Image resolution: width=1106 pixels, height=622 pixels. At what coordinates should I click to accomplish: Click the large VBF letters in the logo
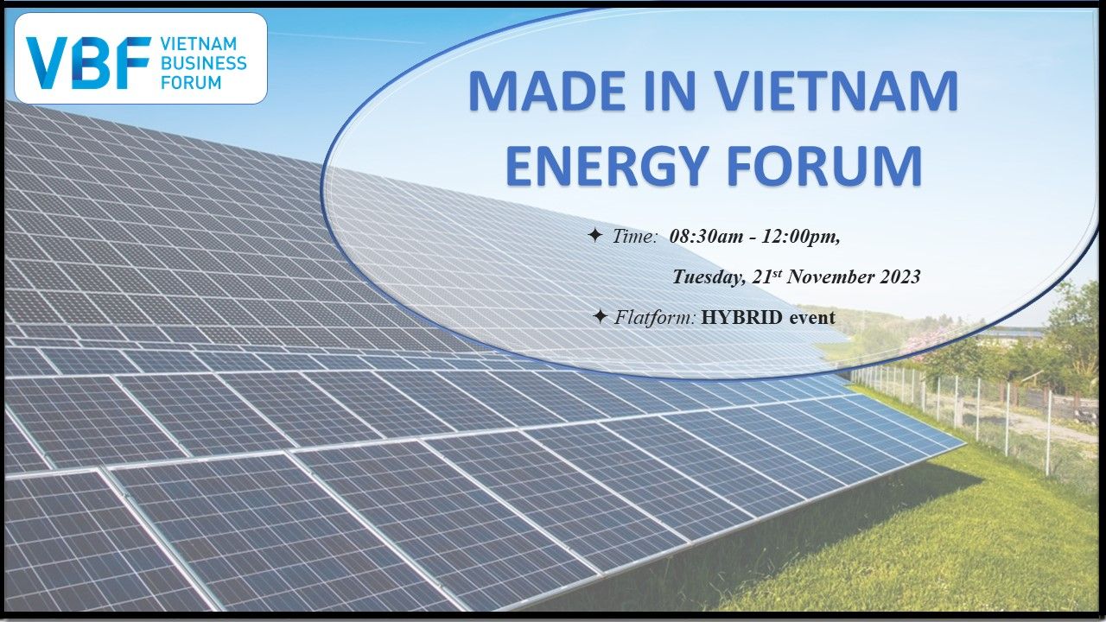89,63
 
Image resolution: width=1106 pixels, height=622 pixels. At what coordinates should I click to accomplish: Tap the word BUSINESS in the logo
204,63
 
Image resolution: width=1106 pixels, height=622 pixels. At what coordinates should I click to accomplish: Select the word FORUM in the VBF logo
191,82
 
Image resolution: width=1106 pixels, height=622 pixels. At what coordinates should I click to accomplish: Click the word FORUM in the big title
824,165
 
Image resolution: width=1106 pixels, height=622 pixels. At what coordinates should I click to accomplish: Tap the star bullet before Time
595,236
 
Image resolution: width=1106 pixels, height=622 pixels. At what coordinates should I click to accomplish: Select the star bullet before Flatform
600,316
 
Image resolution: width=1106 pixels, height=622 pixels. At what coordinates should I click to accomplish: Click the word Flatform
655,317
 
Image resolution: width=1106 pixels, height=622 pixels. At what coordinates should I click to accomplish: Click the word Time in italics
635,237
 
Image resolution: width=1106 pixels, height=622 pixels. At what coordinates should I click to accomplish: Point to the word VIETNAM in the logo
199,44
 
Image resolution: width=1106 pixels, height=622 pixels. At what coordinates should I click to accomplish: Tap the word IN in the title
671,92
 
